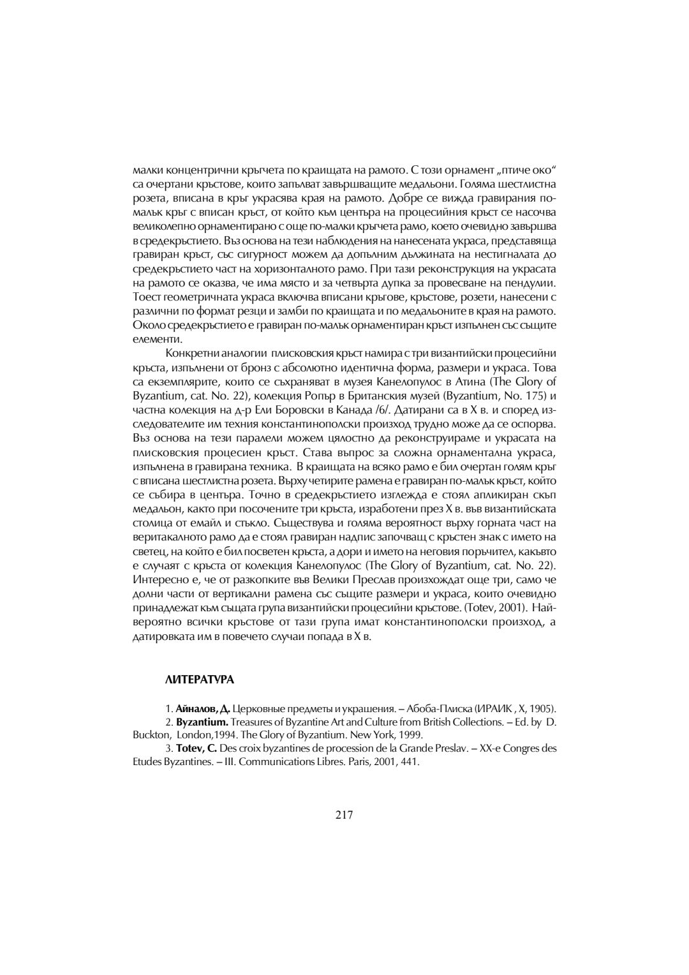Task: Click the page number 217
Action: pos(344,814)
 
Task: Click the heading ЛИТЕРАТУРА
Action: pos(200,680)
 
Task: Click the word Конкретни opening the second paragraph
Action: pos(190,353)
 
